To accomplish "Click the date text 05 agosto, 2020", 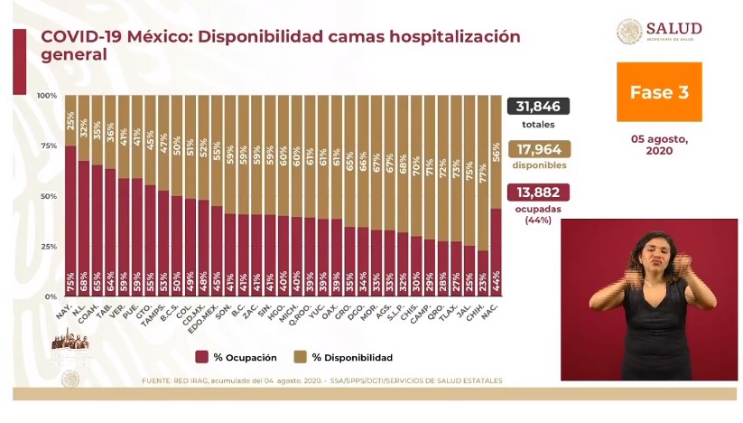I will click(x=658, y=146).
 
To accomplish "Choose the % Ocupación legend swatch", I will click(x=201, y=357).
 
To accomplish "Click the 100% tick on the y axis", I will click(x=47, y=95).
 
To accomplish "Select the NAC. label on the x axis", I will click(x=493, y=313).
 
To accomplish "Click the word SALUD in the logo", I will click(x=675, y=28).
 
